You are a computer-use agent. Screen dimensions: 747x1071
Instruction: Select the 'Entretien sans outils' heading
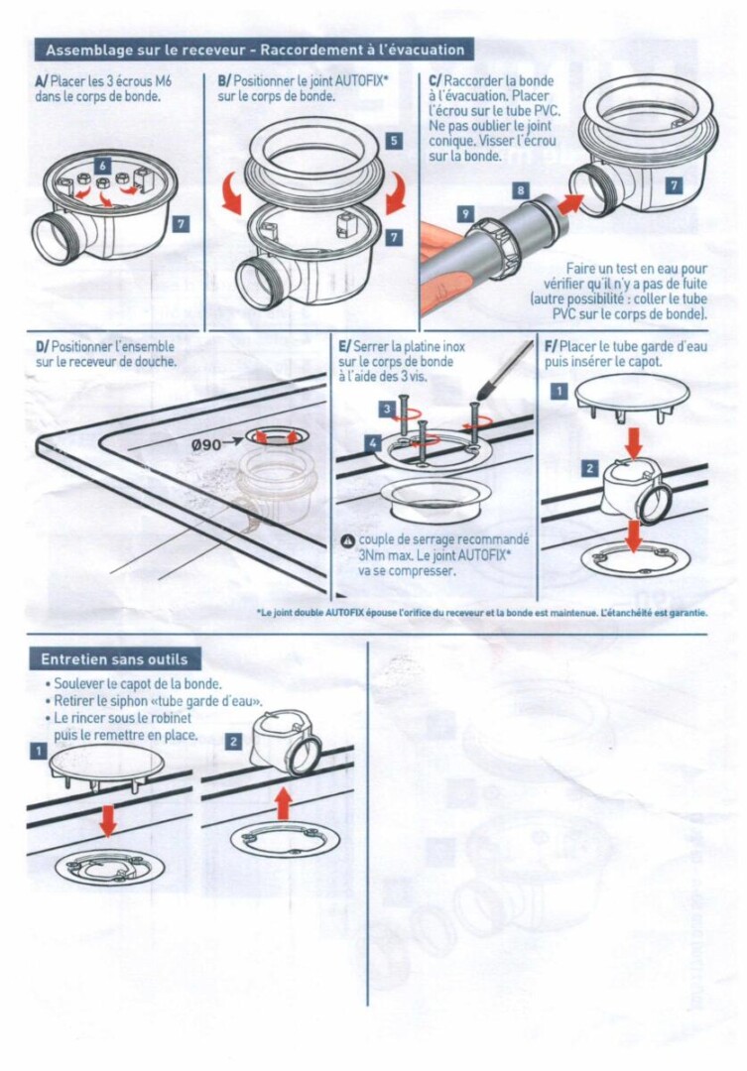pyautogui.click(x=114, y=659)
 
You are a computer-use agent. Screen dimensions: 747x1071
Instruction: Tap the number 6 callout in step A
pyautogui.click(x=102, y=166)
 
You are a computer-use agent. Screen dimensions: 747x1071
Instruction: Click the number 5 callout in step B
pyautogui.click(x=394, y=141)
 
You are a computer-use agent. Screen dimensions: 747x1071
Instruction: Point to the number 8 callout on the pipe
pyautogui.click(x=521, y=190)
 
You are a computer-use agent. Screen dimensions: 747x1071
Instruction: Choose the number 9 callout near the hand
pyautogui.click(x=464, y=214)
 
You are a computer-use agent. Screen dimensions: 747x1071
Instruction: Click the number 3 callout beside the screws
pyautogui.click(x=387, y=410)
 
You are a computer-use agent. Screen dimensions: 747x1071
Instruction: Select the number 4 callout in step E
pyautogui.click(x=372, y=443)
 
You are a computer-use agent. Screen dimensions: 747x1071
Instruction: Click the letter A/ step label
pyautogui.click(x=41, y=82)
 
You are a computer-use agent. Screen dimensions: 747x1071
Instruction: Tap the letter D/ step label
pyautogui.click(x=43, y=347)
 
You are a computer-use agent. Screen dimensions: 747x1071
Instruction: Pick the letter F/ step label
pyautogui.click(x=551, y=346)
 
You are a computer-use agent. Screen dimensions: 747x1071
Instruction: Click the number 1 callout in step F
pyautogui.click(x=560, y=391)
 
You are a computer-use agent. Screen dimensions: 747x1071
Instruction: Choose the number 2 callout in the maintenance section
pyautogui.click(x=233, y=741)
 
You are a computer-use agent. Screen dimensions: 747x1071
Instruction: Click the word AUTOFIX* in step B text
pyautogui.click(x=362, y=80)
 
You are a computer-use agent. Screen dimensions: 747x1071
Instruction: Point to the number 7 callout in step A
pyautogui.click(x=182, y=224)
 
